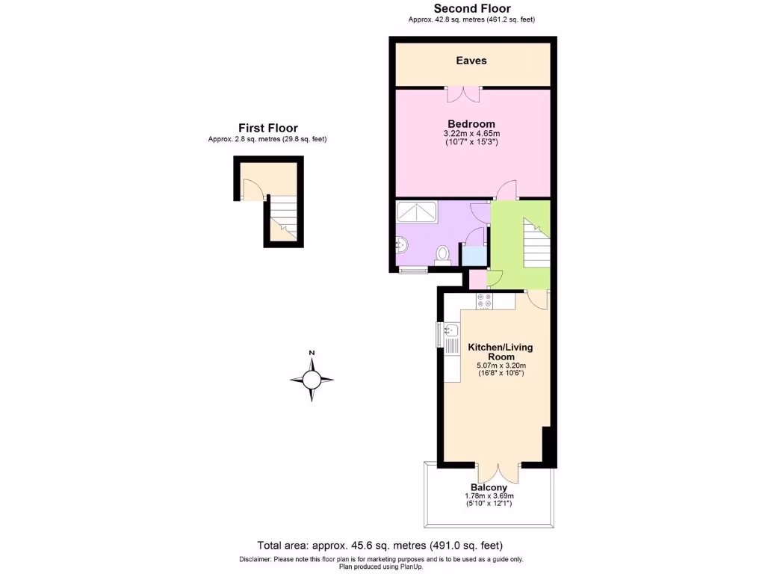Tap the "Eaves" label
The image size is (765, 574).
[x=471, y=61]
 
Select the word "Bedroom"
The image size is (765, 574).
[x=471, y=124]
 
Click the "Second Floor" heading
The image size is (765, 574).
[x=472, y=9]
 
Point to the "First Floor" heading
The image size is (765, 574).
[x=267, y=128]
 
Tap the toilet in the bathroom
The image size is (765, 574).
[x=443, y=255]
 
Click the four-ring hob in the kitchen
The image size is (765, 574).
[x=484, y=300]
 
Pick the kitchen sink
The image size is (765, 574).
[x=450, y=330]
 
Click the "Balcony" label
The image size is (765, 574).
[x=489, y=487]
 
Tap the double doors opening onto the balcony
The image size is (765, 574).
[x=498, y=472]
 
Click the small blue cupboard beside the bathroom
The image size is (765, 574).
[x=473, y=255]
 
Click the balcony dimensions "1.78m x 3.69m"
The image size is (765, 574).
[x=489, y=496]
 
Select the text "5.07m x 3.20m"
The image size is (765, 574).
[x=502, y=365]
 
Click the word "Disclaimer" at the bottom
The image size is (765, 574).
[x=258, y=559]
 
